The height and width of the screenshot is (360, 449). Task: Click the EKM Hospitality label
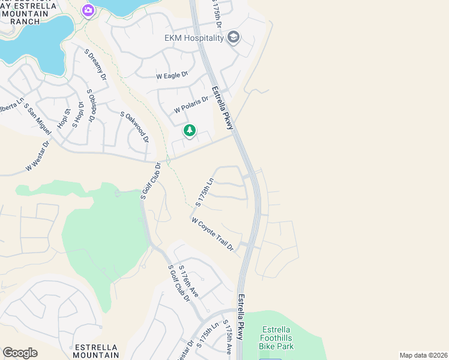(194, 38)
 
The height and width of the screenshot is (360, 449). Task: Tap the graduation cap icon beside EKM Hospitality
(234, 38)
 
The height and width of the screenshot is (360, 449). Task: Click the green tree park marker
(190, 130)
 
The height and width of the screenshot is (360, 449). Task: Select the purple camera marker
(88, 10)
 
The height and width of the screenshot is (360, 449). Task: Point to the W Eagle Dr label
(172, 76)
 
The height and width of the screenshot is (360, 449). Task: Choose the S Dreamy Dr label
(97, 67)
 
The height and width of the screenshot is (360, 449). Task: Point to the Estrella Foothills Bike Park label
(276, 338)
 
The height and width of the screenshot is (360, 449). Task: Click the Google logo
(20, 353)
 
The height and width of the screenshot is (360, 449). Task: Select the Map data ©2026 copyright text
(423, 355)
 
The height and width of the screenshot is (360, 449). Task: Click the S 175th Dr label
(217, 13)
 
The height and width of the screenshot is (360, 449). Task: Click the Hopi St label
(64, 118)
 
